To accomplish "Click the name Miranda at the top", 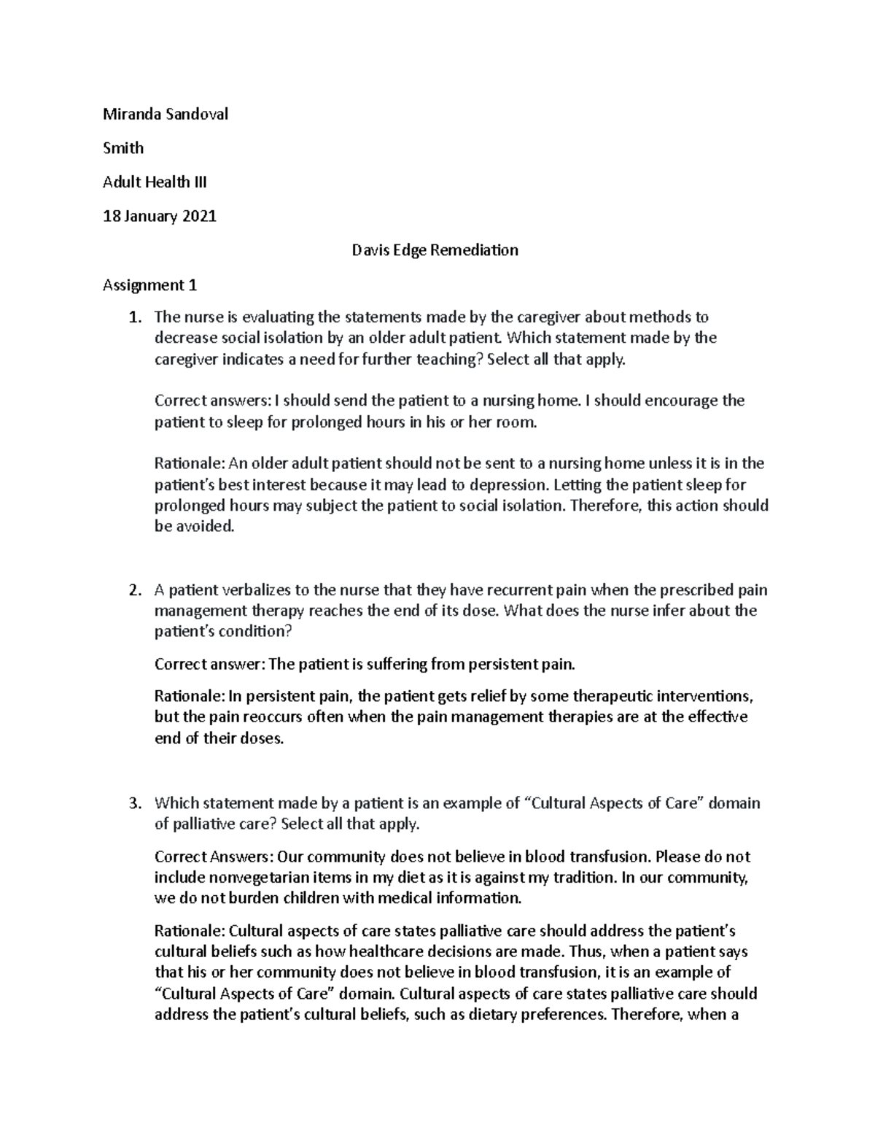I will coord(128,114).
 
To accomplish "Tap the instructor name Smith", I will coord(123,148).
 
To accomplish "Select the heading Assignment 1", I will coord(150,285).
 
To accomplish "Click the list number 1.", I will coord(133,317).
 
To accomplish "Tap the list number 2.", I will coord(133,589).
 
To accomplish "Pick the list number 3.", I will coord(133,803).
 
